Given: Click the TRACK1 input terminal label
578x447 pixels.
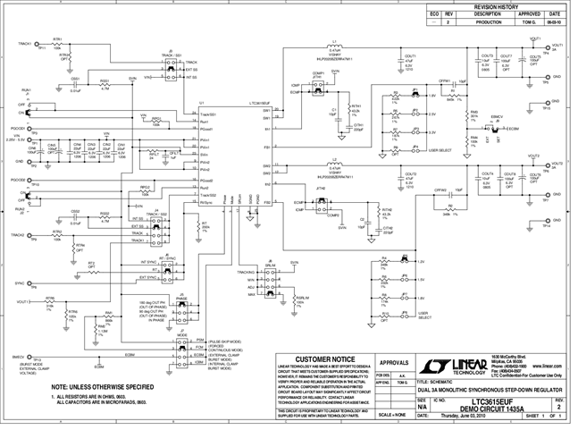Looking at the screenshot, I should pos(24,43).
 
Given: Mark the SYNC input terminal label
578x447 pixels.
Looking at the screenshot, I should pos(18,282).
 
